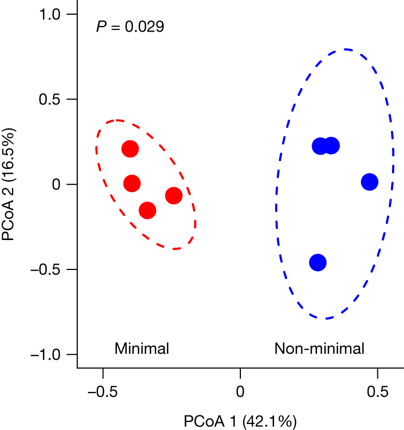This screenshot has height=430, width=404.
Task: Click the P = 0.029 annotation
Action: [x=130, y=27]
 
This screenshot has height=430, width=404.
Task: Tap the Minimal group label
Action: [x=142, y=348]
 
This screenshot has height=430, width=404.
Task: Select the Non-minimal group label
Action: [x=319, y=348]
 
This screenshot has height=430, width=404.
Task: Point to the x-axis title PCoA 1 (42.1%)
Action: [x=240, y=421]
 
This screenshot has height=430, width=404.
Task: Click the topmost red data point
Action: [x=130, y=149]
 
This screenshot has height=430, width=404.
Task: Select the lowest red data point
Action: [x=147, y=210]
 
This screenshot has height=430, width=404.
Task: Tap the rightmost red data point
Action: [x=173, y=196]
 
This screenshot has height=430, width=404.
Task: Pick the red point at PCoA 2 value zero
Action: [x=132, y=183]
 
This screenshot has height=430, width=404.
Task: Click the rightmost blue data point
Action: [x=369, y=182]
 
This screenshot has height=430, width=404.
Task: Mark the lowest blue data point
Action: [x=318, y=262]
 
